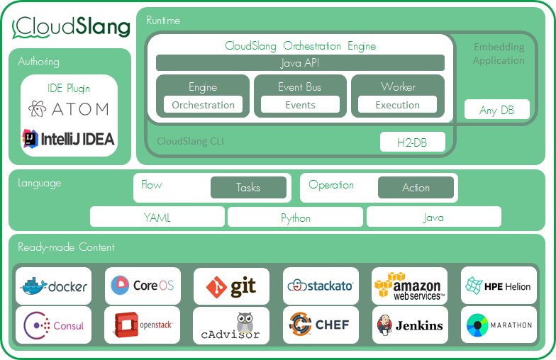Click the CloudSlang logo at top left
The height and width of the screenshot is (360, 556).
click(x=72, y=27)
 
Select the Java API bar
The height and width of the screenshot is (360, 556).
click(x=300, y=63)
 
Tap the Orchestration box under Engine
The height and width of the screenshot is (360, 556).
click(x=203, y=105)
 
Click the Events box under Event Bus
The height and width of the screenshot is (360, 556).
click(x=300, y=105)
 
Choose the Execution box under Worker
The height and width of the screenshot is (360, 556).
click(x=397, y=105)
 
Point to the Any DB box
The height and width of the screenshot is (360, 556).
click(x=496, y=110)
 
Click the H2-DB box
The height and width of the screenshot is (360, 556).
click(x=412, y=142)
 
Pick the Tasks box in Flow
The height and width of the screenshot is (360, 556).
click(x=248, y=188)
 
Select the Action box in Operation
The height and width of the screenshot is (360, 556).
click(x=416, y=188)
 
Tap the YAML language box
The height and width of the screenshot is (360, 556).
click(x=157, y=218)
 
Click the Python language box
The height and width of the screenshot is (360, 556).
click(x=295, y=218)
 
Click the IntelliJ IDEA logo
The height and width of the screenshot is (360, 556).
click(x=69, y=138)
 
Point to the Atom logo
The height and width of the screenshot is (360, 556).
click(x=69, y=108)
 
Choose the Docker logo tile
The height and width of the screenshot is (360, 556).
click(x=54, y=286)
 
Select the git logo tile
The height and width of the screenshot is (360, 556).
click(x=231, y=286)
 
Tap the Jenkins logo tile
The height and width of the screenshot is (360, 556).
click(x=409, y=325)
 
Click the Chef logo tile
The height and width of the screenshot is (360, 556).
click(x=320, y=325)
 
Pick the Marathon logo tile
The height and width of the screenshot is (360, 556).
click(x=499, y=325)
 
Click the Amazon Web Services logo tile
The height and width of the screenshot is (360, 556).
click(x=409, y=286)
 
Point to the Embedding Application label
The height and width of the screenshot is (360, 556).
click(x=499, y=54)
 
